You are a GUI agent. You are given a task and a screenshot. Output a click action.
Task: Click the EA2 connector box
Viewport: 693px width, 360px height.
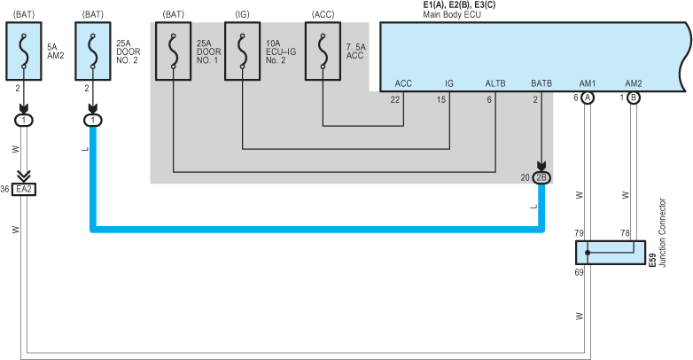24,189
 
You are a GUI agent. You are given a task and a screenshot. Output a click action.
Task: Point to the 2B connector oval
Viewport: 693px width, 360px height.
541,177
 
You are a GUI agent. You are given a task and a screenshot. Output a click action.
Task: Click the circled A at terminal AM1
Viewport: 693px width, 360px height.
588,98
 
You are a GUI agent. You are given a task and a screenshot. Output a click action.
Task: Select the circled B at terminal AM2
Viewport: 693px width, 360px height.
633,98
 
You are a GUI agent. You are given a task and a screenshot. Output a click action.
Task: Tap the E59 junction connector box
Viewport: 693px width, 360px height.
611,251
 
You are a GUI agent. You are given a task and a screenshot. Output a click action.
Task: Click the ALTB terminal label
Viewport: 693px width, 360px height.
494,83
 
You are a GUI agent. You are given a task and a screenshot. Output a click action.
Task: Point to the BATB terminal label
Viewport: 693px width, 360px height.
541,83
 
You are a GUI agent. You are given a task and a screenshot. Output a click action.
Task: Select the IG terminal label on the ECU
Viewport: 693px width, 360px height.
449,83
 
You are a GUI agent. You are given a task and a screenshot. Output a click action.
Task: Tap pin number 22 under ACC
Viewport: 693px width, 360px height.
395,98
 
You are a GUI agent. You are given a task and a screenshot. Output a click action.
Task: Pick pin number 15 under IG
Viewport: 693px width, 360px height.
441,98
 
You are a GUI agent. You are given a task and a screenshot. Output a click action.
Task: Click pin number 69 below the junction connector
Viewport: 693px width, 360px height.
579,272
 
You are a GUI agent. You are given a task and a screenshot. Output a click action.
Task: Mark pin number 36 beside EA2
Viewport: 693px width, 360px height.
6,189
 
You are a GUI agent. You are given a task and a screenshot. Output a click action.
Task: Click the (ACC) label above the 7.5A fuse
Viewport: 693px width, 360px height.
323,14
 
